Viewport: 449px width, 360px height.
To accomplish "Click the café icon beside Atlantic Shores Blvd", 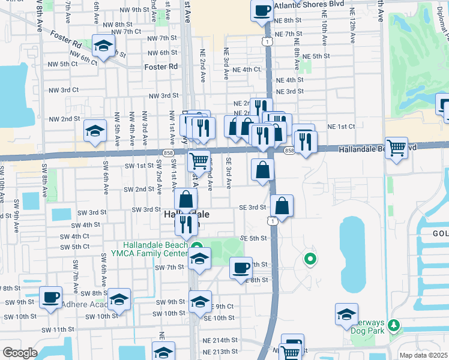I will [262, 10].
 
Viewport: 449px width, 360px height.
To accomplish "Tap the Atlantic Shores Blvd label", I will [305, 5].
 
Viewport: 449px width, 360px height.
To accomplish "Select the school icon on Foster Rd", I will [104, 46].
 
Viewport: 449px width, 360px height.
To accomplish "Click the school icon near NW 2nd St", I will [95, 131].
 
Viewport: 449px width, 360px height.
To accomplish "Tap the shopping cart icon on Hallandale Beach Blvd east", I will [396, 147].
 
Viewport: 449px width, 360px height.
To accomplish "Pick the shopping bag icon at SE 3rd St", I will [282, 206].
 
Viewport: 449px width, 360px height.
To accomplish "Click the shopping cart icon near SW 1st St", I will [199, 160].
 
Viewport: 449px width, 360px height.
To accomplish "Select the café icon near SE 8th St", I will [241, 268].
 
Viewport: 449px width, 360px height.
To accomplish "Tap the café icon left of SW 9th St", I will [50, 296].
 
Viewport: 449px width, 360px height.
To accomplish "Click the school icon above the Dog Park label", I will [346, 314].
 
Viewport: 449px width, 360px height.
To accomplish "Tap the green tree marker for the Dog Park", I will [394, 325].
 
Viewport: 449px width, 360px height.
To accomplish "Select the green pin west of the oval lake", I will [310, 259].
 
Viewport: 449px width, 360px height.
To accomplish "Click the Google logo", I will [20, 353].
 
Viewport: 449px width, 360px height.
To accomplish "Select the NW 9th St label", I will [132, 10].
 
